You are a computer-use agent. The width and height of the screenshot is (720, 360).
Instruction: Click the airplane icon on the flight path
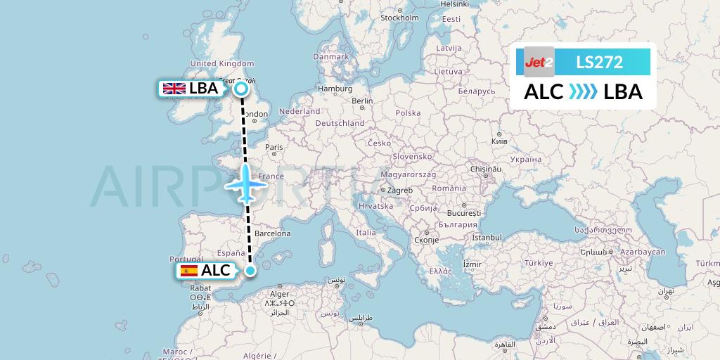[246, 184]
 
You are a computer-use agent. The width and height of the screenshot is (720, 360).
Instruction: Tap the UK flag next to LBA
[174, 89]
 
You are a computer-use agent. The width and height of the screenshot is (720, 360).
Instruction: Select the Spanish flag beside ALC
[188, 270]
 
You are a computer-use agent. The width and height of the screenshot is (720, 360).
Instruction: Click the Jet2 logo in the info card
[539, 62]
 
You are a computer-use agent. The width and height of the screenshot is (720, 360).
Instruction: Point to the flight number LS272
[599, 62]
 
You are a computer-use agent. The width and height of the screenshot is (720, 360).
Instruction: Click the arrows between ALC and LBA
[583, 92]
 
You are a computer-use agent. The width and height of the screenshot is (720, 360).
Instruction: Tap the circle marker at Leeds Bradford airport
[241, 89]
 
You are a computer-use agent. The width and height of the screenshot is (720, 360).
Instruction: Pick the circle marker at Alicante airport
[250, 270]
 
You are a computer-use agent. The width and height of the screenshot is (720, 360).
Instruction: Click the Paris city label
[274, 148]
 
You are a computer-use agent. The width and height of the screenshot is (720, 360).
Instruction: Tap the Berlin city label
[362, 101]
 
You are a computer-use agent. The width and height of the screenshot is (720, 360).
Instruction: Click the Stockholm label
[399, 18]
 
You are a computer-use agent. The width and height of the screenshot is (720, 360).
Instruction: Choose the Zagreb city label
[399, 191]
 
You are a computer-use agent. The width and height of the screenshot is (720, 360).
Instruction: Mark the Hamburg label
[335, 89]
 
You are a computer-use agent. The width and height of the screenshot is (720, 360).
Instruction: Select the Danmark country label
[330, 56]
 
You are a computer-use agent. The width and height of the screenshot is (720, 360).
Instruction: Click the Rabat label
[200, 288]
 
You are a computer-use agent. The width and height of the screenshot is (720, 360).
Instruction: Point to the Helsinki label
[455, 4]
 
